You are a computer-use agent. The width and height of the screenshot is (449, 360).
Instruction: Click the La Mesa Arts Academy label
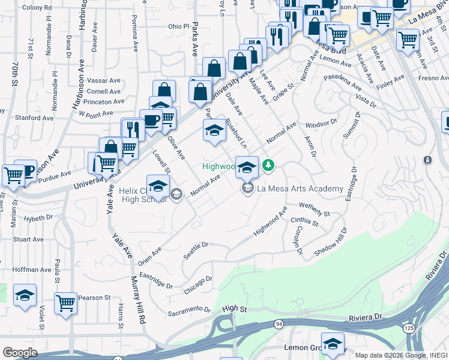coord(300,188)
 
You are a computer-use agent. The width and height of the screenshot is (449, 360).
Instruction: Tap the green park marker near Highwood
coord(269,164)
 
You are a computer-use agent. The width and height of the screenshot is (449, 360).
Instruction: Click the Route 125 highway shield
coord(409,329)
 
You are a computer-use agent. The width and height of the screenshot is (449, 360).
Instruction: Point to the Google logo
coord(20,353)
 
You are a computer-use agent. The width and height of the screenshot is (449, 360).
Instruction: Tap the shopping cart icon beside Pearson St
coord(66,302)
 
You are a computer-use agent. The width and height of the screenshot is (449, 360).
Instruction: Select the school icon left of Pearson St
coord(25,295)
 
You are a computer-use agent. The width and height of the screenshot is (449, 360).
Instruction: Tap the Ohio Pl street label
coord(178,26)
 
